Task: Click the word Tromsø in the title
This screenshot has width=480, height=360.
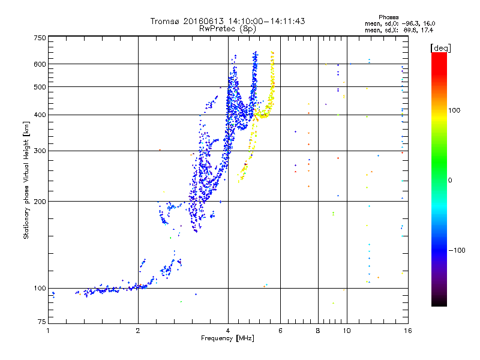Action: tap(166, 21)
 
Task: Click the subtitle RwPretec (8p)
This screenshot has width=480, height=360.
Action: tap(227, 29)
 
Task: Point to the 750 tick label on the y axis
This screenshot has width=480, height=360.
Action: tap(40, 38)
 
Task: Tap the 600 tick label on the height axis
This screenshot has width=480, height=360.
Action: tap(40, 64)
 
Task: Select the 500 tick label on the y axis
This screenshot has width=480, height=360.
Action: tap(40, 87)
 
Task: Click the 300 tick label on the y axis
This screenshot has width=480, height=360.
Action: tap(40, 151)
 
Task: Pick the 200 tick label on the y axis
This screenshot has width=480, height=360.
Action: tap(40, 202)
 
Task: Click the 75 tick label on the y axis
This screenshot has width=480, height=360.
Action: tap(42, 322)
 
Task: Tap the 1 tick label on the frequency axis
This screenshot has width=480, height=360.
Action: tap(48, 331)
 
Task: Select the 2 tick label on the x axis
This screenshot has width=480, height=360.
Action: tap(138, 331)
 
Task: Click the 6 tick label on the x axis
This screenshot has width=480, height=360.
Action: tap(280, 331)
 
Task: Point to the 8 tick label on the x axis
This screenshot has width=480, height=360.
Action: tap(318, 331)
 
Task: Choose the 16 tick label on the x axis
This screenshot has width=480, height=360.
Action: tap(408, 331)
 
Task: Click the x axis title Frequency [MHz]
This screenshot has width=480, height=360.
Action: tap(227, 338)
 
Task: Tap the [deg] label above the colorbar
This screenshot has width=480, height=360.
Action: tap(440, 48)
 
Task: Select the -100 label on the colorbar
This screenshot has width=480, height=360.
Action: tap(457, 250)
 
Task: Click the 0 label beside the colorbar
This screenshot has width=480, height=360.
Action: tap(450, 181)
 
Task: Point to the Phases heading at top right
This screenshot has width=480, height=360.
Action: tap(388, 17)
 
